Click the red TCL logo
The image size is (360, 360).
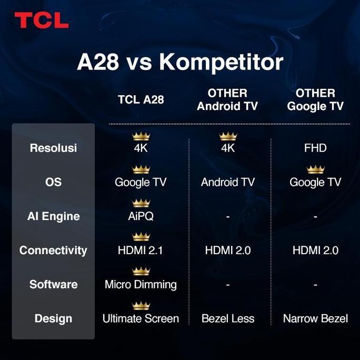42,21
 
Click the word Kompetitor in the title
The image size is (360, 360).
221,62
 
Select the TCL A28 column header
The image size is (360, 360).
141,100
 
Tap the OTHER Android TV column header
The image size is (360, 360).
227,99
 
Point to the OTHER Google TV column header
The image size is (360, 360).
315,99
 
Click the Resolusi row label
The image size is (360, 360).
53,148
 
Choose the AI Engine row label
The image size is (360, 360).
53,216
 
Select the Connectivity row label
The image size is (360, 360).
53,251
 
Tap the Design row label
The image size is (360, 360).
53,318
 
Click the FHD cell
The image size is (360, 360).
315,148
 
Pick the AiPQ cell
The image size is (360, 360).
141,216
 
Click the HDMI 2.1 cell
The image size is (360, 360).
141,251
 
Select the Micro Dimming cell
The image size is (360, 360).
141,285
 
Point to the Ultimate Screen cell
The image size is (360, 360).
141,318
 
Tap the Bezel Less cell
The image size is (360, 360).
227,318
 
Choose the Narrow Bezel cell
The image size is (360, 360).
315,318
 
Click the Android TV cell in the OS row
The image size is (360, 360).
227,182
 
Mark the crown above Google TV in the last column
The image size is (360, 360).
315,169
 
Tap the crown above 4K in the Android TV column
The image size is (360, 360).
228,136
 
